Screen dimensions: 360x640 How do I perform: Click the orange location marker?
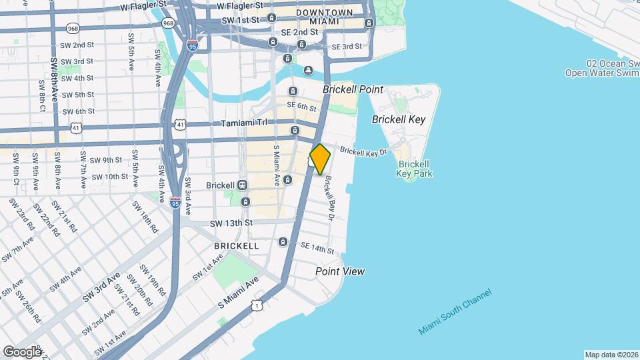pyautogui.click(x=320, y=159)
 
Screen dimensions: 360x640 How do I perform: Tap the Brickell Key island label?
pyautogui.click(x=398, y=119)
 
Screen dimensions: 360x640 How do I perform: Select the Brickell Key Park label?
pyautogui.click(x=415, y=169)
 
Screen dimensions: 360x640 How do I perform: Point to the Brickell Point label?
pyautogui.click(x=353, y=89)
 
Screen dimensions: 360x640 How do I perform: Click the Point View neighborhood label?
pyautogui.click(x=340, y=271)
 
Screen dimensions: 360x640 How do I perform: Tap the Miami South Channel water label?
pyautogui.click(x=455, y=312)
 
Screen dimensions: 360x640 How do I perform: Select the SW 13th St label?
pyautogui.click(x=231, y=223)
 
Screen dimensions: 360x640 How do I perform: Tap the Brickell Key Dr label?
pyautogui.click(x=363, y=151)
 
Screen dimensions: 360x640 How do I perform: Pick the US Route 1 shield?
pyautogui.click(x=256, y=305)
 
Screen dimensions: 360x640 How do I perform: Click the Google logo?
pyautogui.click(x=22, y=351)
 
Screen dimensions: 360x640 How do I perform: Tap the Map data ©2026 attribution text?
pyautogui.click(x=611, y=355)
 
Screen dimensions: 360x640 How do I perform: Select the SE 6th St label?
pyautogui.click(x=301, y=107)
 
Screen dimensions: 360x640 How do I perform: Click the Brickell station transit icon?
pyautogui.click(x=242, y=185)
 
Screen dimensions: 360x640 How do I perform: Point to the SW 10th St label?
pyautogui.click(x=109, y=177)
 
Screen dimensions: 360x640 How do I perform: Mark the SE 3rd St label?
pyautogui.click(x=347, y=47)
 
